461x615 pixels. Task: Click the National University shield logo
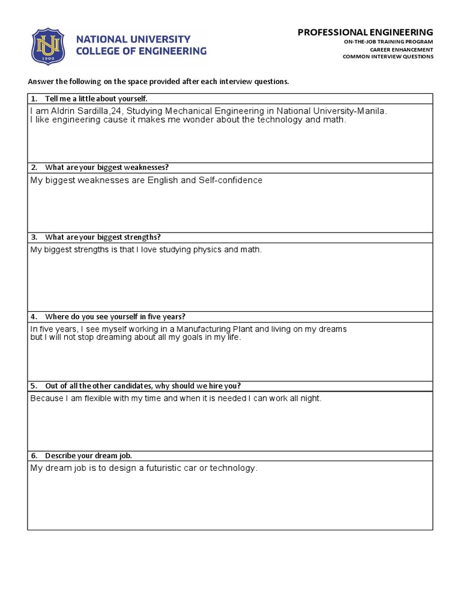click(47, 46)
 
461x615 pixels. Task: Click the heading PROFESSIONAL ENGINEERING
click(365, 32)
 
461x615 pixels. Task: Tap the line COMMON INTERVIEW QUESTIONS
click(388, 57)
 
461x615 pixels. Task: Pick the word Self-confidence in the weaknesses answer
click(230, 180)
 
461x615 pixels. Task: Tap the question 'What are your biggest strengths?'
click(103, 237)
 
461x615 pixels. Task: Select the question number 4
click(34, 317)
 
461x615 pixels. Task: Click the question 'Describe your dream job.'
click(88, 456)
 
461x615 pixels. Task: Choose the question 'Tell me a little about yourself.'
click(96, 98)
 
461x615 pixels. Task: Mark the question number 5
click(34, 386)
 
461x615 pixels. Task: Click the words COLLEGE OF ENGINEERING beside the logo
click(141, 52)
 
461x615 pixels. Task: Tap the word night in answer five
click(310, 398)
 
